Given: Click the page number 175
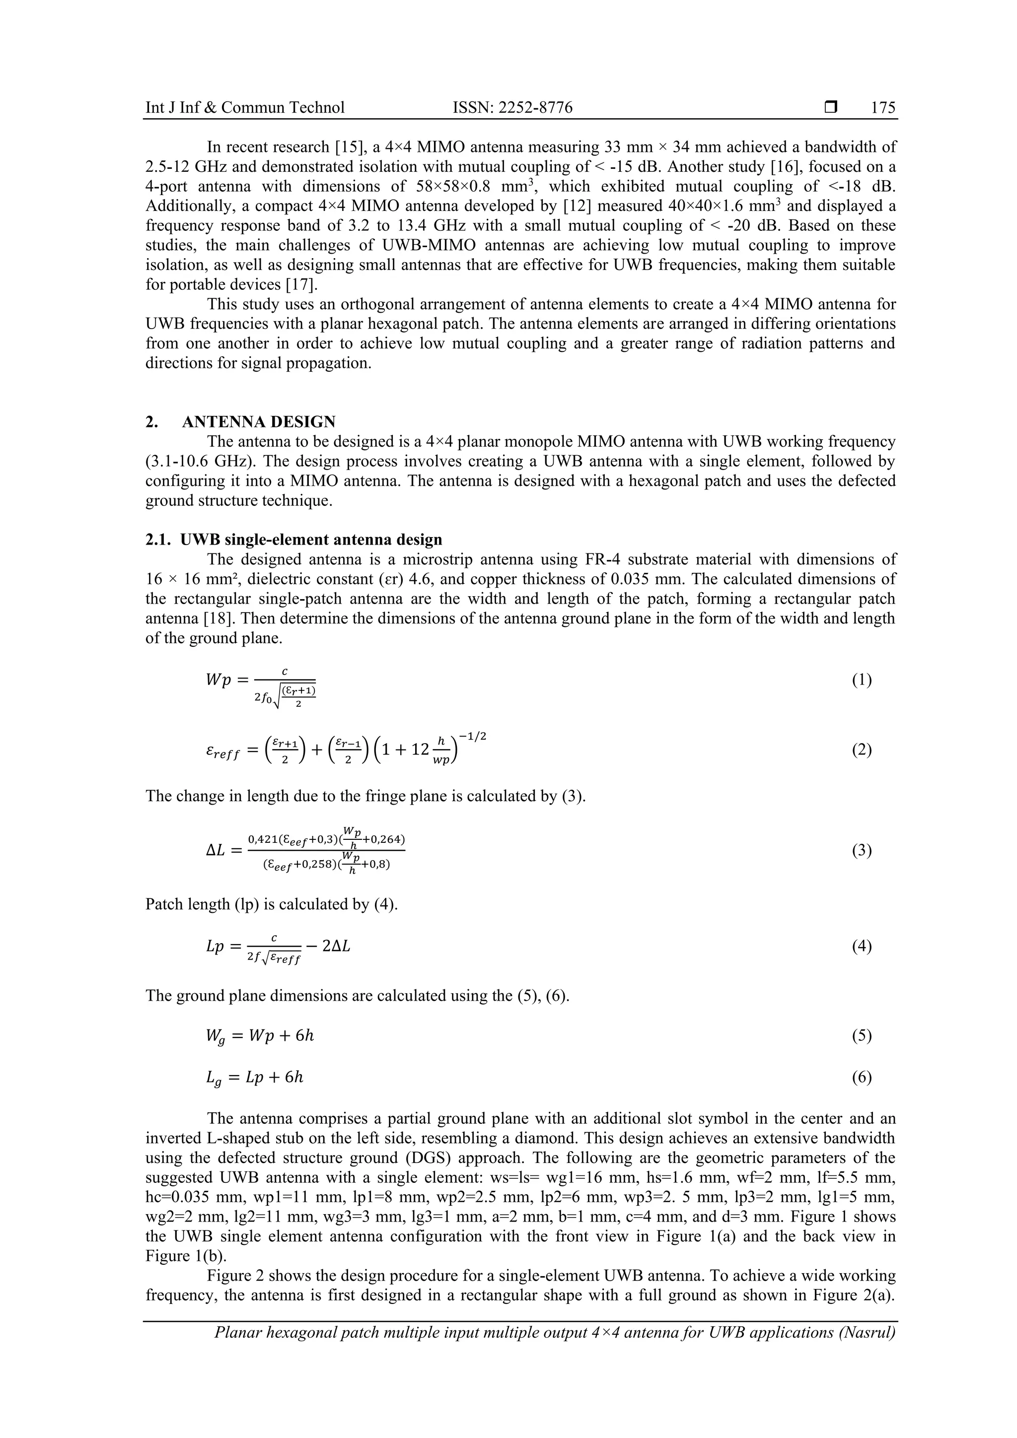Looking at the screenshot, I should (x=883, y=108).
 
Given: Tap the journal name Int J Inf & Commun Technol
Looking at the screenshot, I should (x=245, y=108).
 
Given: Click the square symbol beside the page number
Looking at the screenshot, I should (x=831, y=108).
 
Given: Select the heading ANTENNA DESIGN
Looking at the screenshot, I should (x=258, y=421).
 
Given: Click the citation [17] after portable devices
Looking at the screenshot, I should (x=301, y=284).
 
